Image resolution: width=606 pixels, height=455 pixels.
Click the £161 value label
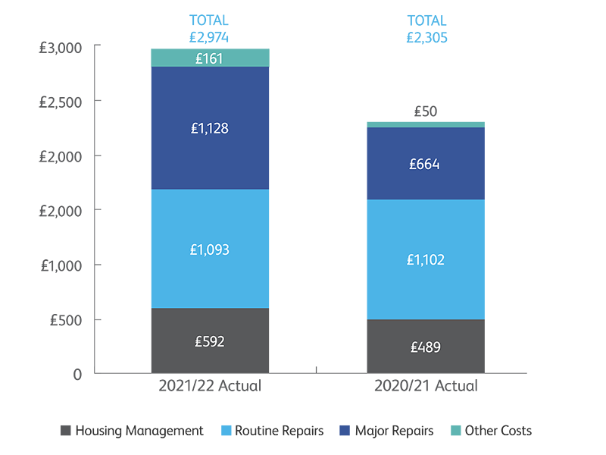[210, 58]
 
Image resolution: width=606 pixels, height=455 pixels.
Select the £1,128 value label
[210, 129]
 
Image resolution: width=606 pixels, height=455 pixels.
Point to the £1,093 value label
[210, 249]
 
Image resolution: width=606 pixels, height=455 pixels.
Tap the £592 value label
[210, 341]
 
